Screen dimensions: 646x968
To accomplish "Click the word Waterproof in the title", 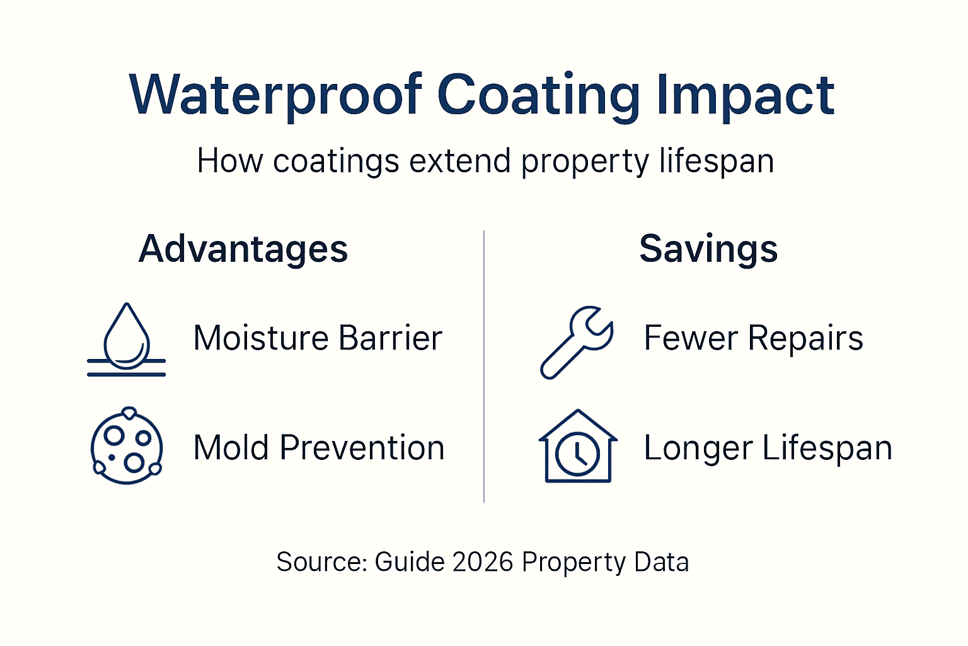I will coord(275,96).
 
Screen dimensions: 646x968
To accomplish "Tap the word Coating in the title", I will coord(539,96).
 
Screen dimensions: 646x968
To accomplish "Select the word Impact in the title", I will coord(746,96).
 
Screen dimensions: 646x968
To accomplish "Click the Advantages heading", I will coord(243,249).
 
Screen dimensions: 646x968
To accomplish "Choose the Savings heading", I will coord(708,249).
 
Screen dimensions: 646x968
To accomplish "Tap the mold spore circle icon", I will coord(127,446).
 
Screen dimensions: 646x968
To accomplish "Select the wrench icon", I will coord(576,342).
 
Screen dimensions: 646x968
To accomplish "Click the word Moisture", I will coord(260,338).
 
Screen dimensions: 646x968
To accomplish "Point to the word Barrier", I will coord(391,338).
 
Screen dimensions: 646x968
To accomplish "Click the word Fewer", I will coord(690,338).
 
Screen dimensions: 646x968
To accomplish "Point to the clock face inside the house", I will coord(578,454).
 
